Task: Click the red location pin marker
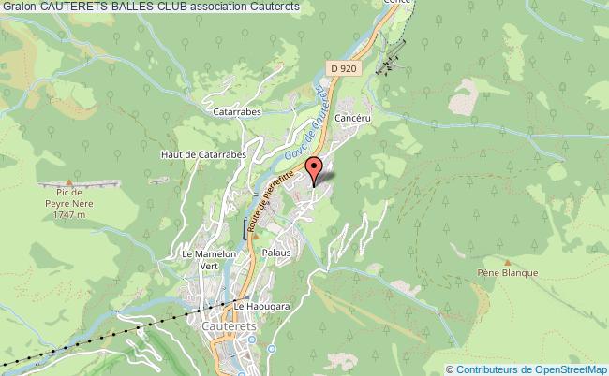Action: click(x=313, y=170)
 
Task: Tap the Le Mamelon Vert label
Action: click(x=202, y=259)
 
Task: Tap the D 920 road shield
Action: click(x=345, y=68)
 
